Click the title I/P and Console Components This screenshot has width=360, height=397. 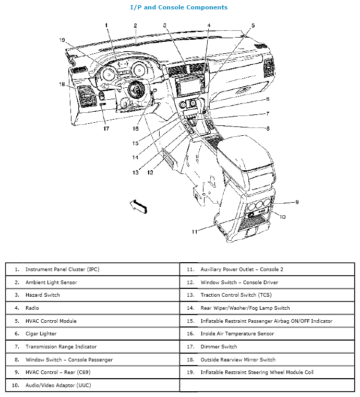[x=178, y=7]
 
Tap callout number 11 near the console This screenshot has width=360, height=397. [x=194, y=231]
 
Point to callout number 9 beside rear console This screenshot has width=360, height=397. [x=296, y=202]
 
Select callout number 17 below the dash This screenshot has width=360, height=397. [x=105, y=129]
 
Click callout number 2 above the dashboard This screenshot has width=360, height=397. [x=135, y=25]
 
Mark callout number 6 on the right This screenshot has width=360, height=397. [x=268, y=99]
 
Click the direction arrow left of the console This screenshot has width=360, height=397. [x=138, y=206]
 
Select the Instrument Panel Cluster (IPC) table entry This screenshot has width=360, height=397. [x=62, y=270]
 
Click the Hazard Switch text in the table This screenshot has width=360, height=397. [x=43, y=295]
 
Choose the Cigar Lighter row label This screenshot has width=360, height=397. [x=41, y=334]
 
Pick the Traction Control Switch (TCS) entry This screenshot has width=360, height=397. [x=232, y=295]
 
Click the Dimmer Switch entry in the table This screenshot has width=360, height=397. [x=219, y=346]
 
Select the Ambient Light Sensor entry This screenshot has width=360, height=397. [x=51, y=283]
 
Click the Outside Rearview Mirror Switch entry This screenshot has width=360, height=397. [x=238, y=359]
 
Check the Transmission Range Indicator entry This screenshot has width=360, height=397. [x=61, y=346]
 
